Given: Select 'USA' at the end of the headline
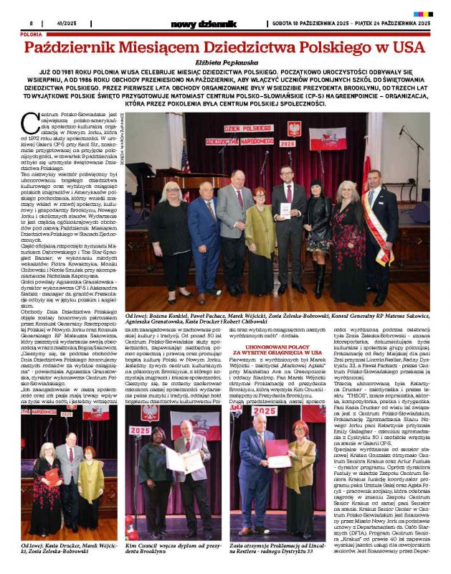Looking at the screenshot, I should pos(405,49).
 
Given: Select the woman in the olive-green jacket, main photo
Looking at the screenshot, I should pos(260,230).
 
